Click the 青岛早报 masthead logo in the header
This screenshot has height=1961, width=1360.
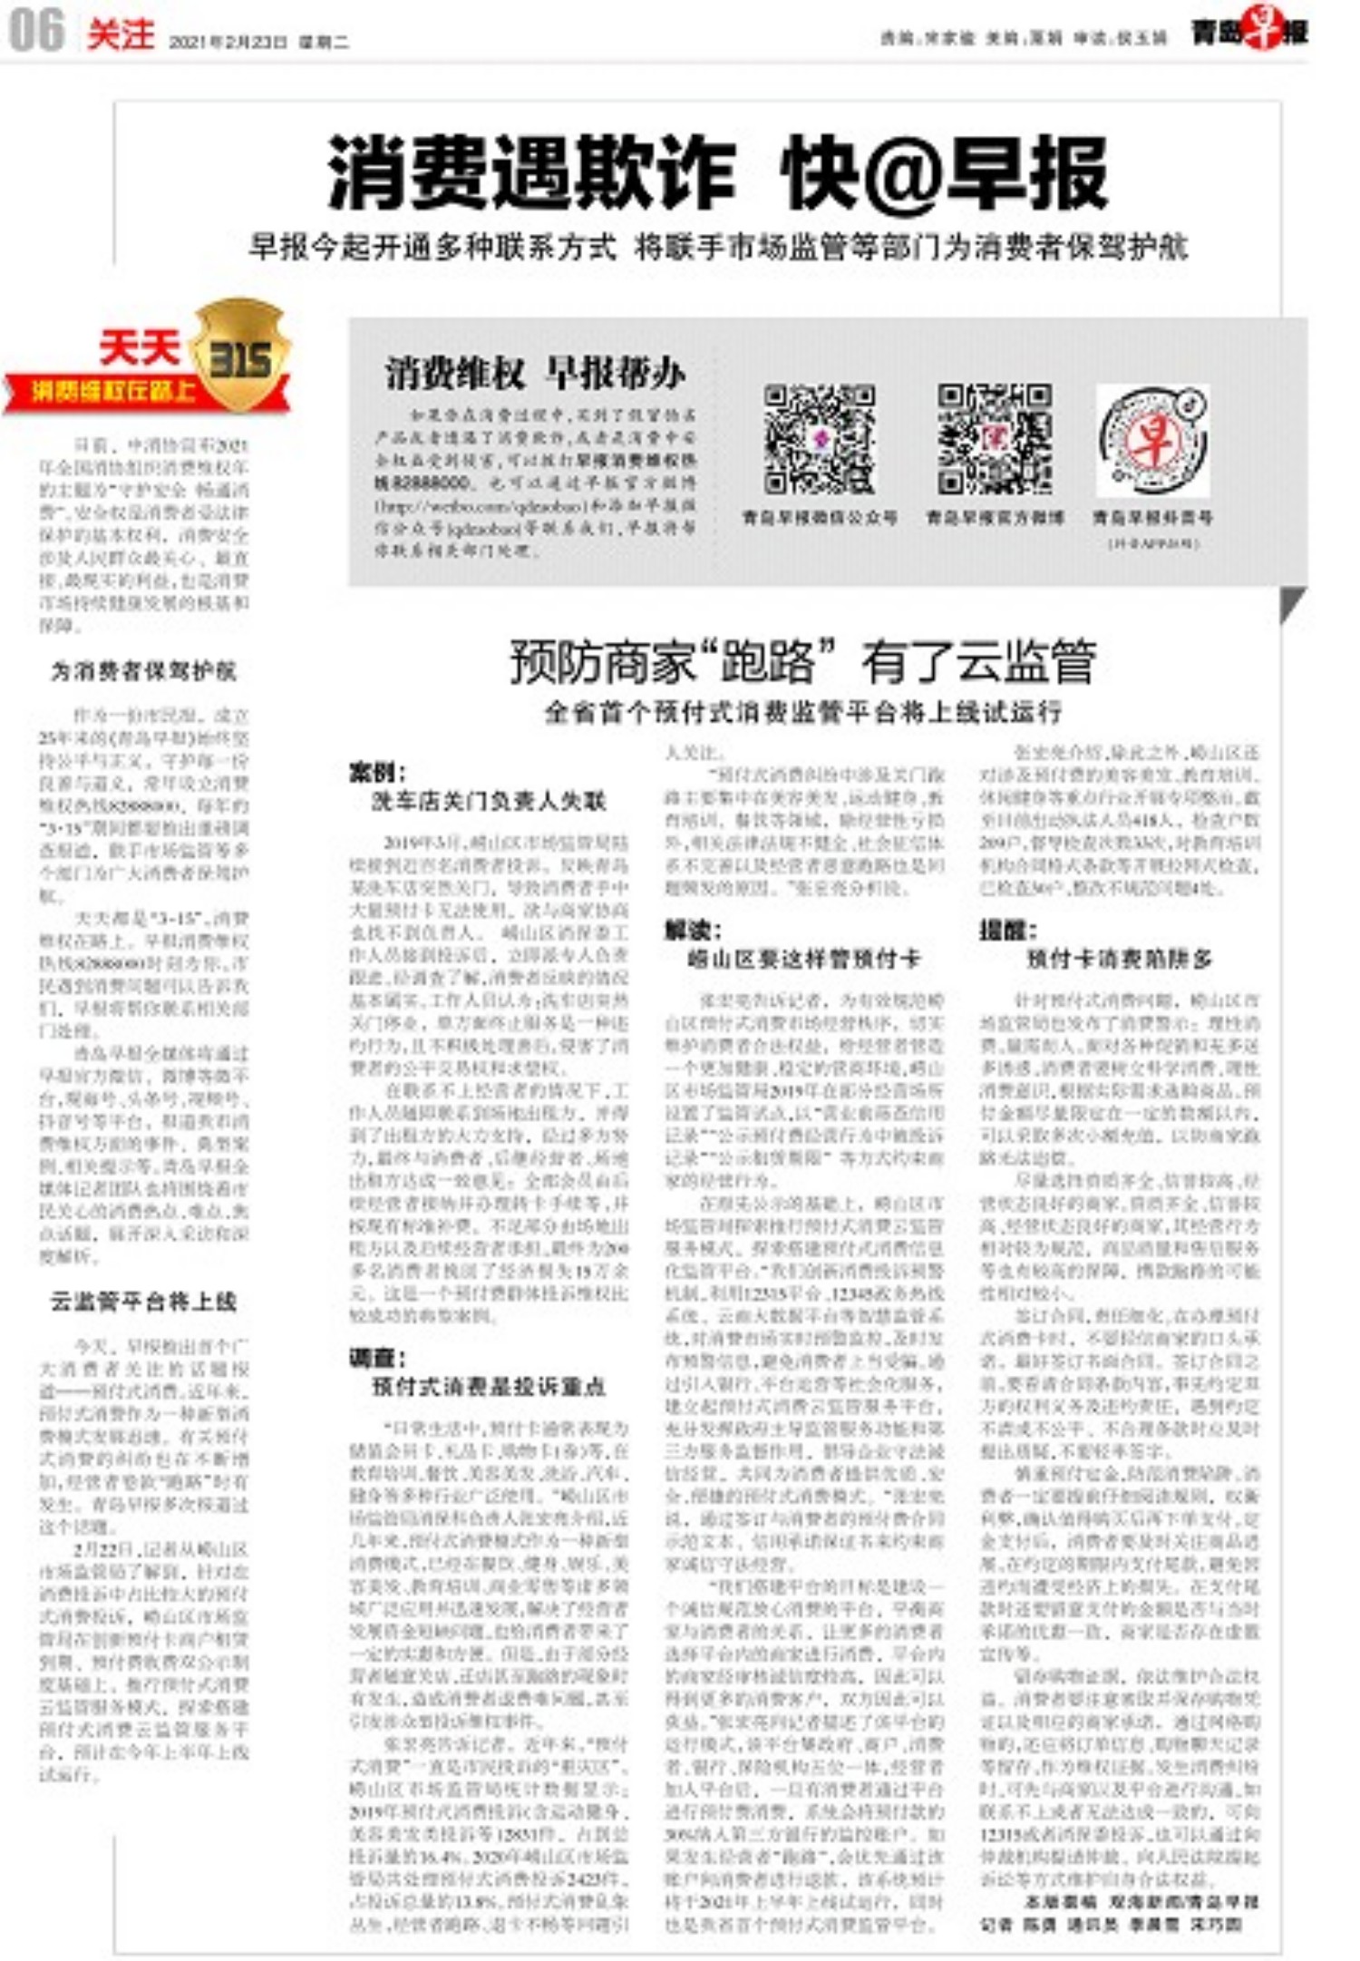point(1249,32)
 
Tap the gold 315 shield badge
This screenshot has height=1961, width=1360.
point(240,356)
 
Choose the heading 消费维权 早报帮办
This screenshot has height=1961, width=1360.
point(535,374)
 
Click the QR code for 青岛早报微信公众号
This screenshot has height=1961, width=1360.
point(819,440)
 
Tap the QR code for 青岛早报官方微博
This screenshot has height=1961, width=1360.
point(994,440)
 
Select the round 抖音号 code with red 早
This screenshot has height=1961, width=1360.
point(1152,440)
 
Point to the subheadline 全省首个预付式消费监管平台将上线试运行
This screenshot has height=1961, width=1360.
point(802,712)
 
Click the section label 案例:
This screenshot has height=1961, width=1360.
point(377,773)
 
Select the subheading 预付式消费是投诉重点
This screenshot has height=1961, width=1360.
point(489,1387)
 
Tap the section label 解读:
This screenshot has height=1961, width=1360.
point(693,930)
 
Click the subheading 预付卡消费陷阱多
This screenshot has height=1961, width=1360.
point(1119,959)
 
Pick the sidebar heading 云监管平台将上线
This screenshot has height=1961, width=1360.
point(143,1302)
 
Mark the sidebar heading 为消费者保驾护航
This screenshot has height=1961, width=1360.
point(143,671)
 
